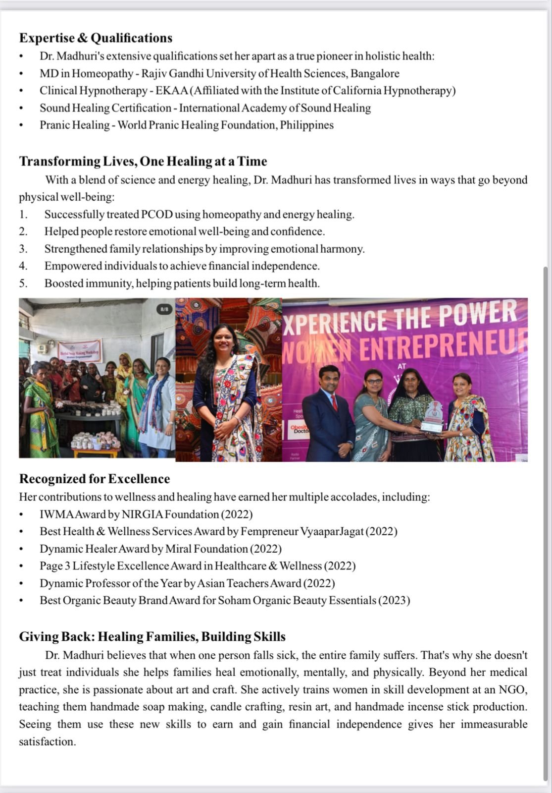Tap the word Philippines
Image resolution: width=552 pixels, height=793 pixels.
pyautogui.click(x=307, y=125)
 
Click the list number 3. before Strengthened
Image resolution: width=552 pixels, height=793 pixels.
pyautogui.click(x=23, y=249)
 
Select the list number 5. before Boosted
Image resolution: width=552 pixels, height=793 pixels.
pyautogui.click(x=23, y=283)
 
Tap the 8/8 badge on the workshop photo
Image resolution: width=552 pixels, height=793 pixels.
pyautogui.click(x=164, y=309)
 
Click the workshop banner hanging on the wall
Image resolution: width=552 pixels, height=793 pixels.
pyautogui.click(x=80, y=351)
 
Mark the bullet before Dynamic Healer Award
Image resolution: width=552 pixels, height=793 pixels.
pyautogui.click(x=21, y=549)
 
